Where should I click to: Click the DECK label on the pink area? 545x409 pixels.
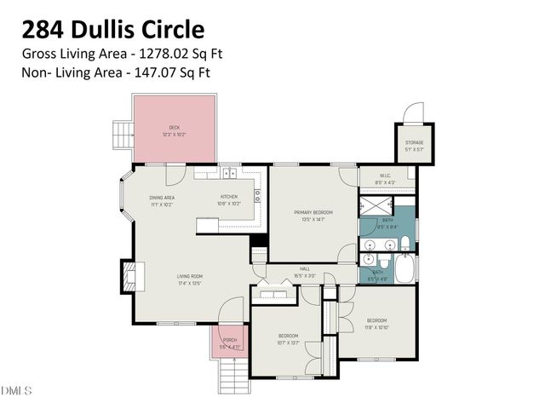coord(174,128)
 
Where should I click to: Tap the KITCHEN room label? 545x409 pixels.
coord(229,197)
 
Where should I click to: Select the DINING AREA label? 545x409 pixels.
coord(162,197)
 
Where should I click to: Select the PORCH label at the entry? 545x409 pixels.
coord(229,341)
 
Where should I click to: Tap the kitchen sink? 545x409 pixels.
coord(229,174)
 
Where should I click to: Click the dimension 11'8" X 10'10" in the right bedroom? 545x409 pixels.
coord(376,325)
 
